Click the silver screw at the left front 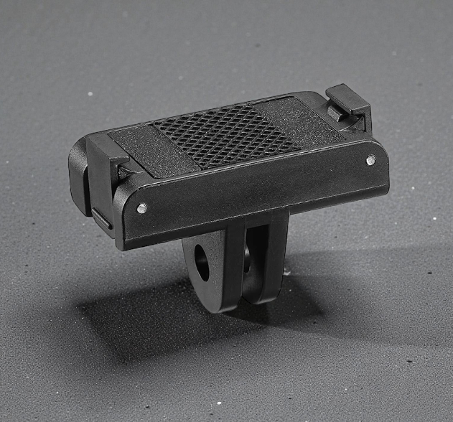pos(142,209)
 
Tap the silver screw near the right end pos(370,160)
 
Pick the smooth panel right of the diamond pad pos(307,120)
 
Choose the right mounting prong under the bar pos(266,258)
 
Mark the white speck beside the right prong pos(287,271)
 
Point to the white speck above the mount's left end pos(90,93)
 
